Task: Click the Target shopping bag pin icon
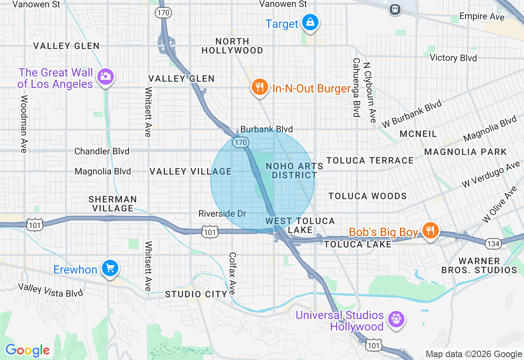pos(310,22)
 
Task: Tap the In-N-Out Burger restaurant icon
pos(259,87)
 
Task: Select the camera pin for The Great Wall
pos(106,76)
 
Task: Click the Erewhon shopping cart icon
pos(110,268)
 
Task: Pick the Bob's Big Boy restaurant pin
pos(430,231)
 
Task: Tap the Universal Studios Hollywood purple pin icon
pos(396,319)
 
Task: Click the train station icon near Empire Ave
pos(395,9)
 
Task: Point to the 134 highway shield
pos(492,244)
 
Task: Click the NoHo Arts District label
pos(291,171)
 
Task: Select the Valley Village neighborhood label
pos(191,171)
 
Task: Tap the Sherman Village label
pos(113,204)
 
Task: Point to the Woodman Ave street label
pos(24,124)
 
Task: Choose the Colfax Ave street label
pos(232,273)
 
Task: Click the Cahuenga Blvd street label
pos(356,87)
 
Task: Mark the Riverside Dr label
pos(222,214)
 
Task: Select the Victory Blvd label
pos(453,58)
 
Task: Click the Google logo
pos(27,350)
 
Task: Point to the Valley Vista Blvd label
pos(50,290)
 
